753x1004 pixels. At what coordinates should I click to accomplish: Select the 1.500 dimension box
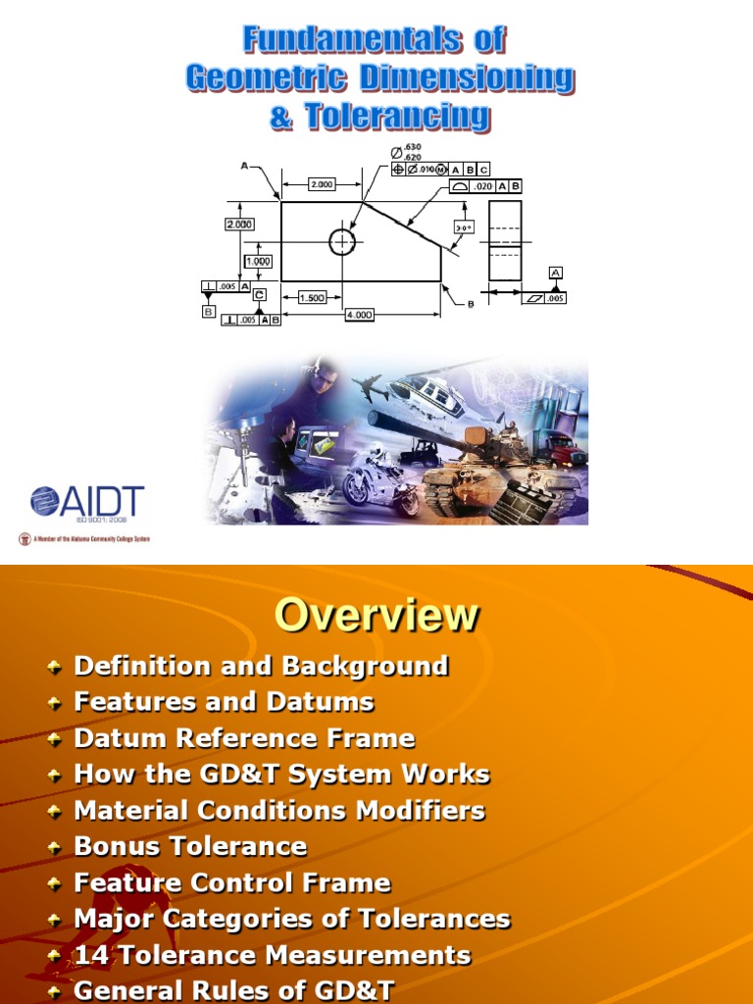[311, 297]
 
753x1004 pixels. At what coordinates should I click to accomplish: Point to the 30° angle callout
[464, 226]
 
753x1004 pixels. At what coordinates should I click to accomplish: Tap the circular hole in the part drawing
[342, 241]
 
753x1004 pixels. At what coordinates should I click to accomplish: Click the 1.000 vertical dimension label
[258, 262]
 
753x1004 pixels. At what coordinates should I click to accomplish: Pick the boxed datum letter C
[259, 294]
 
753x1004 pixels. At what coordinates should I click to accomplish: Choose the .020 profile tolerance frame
[485, 185]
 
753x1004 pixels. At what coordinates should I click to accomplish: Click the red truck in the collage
[564, 451]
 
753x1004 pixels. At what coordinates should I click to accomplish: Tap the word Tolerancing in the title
[379, 117]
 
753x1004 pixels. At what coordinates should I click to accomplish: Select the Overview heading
[376, 616]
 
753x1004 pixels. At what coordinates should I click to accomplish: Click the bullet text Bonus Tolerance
[190, 846]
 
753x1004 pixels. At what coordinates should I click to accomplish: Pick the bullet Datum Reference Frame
[244, 738]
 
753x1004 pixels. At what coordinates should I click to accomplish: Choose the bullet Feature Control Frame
[232, 882]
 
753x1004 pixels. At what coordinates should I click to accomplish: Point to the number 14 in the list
[89, 955]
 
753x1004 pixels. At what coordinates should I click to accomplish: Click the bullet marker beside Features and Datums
[56, 702]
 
